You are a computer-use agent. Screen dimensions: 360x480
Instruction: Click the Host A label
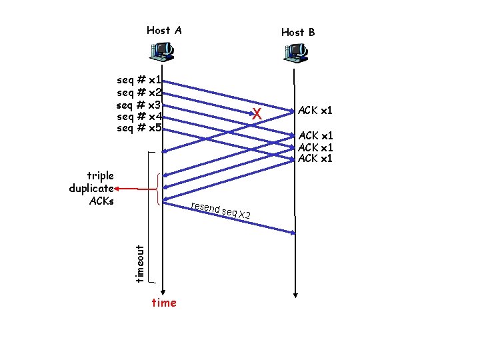tap(164, 30)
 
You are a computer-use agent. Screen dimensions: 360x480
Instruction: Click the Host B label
tap(298, 32)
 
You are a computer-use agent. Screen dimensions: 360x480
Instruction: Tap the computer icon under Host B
tap(295, 51)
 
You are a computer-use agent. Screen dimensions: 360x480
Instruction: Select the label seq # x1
tap(139, 80)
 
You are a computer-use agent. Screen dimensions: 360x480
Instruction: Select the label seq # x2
tap(139, 92)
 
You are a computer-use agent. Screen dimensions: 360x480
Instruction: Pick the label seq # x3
tap(139, 105)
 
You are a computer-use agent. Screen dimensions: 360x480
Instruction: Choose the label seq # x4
tap(139, 117)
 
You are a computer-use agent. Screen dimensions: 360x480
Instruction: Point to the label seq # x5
tap(139, 128)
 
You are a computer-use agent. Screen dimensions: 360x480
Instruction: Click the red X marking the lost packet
tap(257, 115)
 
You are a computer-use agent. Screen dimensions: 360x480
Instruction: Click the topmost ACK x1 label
tap(315, 110)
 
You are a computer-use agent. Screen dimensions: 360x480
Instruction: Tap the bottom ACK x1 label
tap(315, 158)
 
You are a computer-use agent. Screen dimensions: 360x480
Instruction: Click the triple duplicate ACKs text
tap(92, 188)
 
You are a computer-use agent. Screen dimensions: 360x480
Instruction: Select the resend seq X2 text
tap(220, 210)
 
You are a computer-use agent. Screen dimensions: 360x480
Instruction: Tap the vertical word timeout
tap(139, 263)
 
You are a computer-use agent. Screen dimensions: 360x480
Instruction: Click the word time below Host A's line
tap(164, 303)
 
